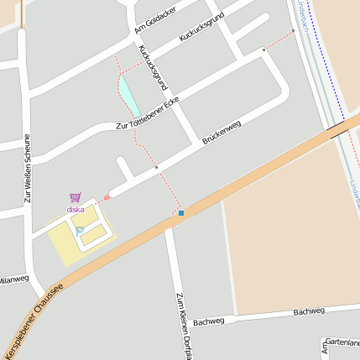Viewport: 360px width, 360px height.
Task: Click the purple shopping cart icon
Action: (76, 199)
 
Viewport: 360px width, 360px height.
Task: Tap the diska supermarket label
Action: (76, 209)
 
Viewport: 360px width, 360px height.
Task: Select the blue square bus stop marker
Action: (181, 213)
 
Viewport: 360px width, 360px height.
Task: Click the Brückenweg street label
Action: (222, 132)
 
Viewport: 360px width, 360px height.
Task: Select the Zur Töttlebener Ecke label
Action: (148, 114)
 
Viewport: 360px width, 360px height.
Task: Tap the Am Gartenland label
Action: (340, 344)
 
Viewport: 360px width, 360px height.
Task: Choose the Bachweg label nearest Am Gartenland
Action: (309, 311)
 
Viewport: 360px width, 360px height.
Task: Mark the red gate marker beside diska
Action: (107, 197)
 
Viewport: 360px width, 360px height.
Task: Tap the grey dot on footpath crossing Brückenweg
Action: (156, 167)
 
